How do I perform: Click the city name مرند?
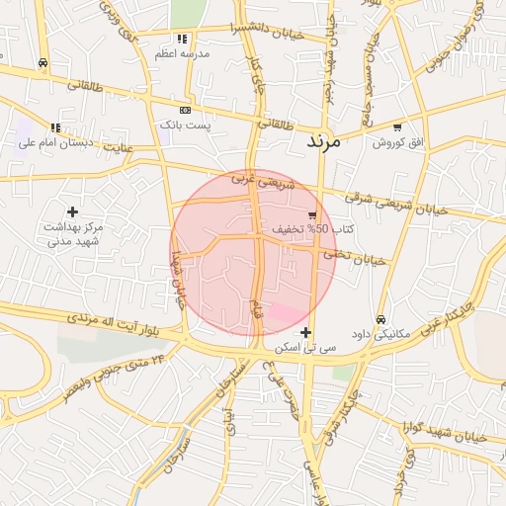coord(322,141)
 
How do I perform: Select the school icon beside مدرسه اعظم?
coord(182,39)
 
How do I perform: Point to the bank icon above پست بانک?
coord(185,110)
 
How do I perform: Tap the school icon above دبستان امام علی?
coord(55,127)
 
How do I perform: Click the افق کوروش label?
coord(397,142)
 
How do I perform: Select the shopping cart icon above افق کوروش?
coord(397,127)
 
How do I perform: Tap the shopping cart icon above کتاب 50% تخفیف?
coord(313,214)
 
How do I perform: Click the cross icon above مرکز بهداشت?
coord(72,211)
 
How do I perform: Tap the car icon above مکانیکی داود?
coord(380,318)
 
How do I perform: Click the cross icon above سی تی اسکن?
coord(307,333)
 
